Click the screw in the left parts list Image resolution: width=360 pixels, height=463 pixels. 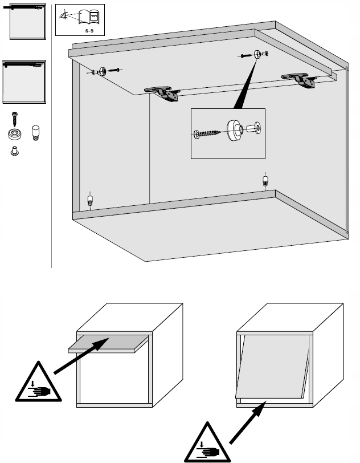click(x=15, y=120)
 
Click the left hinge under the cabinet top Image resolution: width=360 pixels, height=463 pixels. click(x=162, y=94)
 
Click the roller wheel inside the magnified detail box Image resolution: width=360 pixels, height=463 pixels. click(x=234, y=130)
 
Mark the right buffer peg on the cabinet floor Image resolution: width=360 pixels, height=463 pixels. click(x=265, y=181)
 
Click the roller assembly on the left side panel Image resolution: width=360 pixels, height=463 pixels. click(x=104, y=71)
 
